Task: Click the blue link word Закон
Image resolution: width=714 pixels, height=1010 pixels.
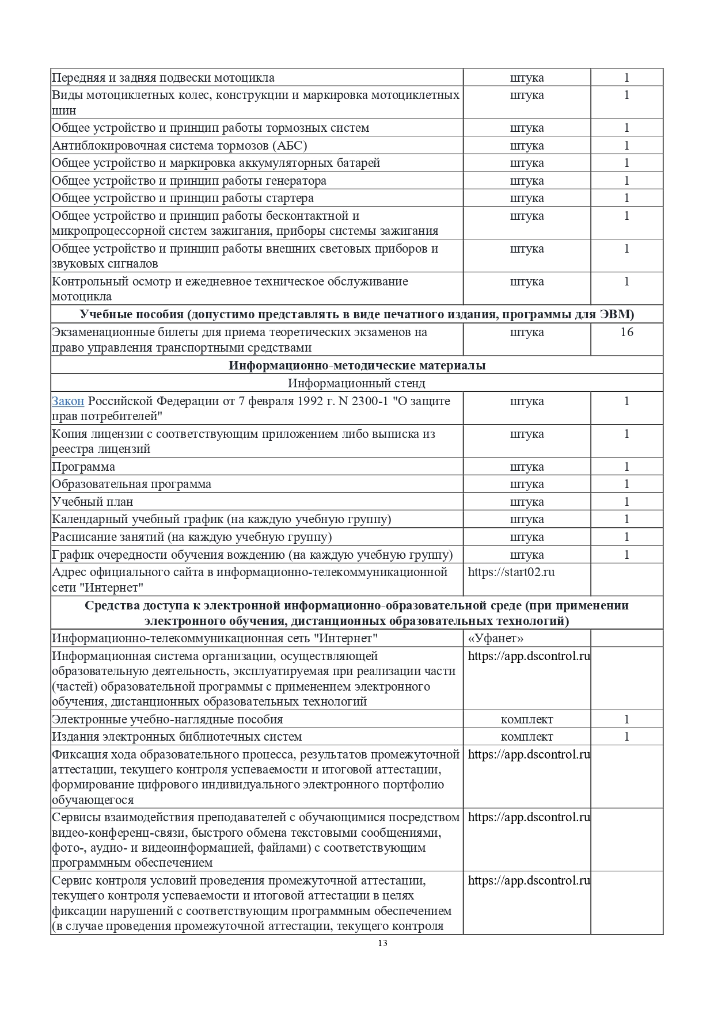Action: tap(68, 401)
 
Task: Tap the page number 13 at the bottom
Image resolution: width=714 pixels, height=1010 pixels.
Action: tap(383, 943)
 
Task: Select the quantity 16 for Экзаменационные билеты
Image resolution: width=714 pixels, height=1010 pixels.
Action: tap(626, 332)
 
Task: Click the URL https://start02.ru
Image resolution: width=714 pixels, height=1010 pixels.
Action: tap(511, 572)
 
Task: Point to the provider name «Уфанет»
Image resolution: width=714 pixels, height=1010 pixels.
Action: tap(495, 638)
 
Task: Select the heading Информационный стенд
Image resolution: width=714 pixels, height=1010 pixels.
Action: tap(356, 383)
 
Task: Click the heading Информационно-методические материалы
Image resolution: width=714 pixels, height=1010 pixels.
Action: tap(356, 365)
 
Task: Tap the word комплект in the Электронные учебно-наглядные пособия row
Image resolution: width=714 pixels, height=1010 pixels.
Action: tap(527, 719)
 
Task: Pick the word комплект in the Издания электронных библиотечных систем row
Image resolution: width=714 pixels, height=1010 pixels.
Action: tap(527, 737)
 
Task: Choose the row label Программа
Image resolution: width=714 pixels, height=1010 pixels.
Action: tap(83, 467)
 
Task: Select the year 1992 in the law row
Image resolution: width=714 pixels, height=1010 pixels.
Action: tap(308, 401)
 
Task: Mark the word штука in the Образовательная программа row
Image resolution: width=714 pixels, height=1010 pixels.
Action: tap(527, 484)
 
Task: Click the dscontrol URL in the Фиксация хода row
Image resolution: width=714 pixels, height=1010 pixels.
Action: tap(529, 754)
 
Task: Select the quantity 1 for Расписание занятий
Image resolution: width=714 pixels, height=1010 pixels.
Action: tap(626, 537)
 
